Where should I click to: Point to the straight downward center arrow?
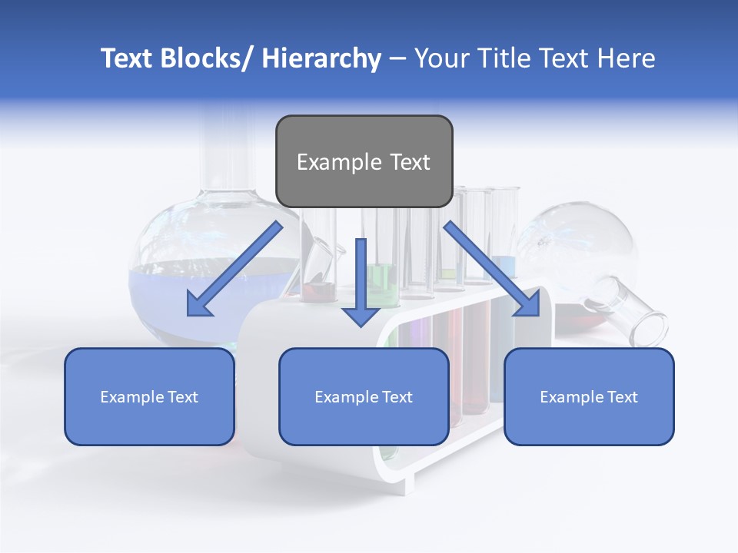click(x=361, y=280)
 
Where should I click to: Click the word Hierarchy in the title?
click(x=321, y=58)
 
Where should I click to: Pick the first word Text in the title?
click(x=128, y=58)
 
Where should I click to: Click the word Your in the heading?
click(x=440, y=58)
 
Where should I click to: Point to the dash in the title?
click(x=397, y=58)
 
